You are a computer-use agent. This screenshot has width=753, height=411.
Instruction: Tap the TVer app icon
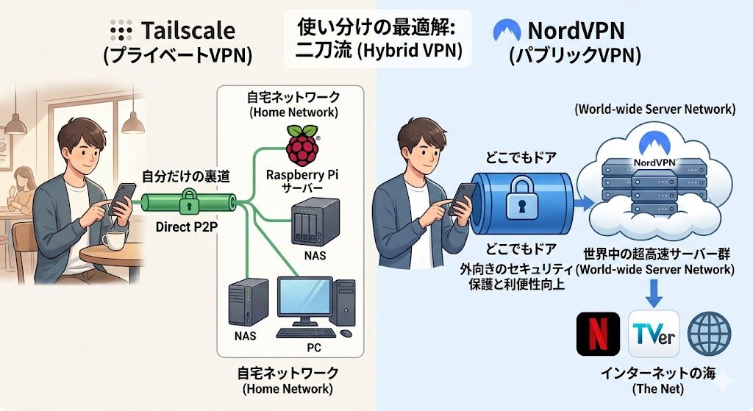point(652,334)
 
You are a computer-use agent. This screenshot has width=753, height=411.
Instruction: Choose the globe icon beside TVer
point(709,334)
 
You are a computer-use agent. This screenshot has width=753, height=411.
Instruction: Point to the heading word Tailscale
point(188,30)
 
